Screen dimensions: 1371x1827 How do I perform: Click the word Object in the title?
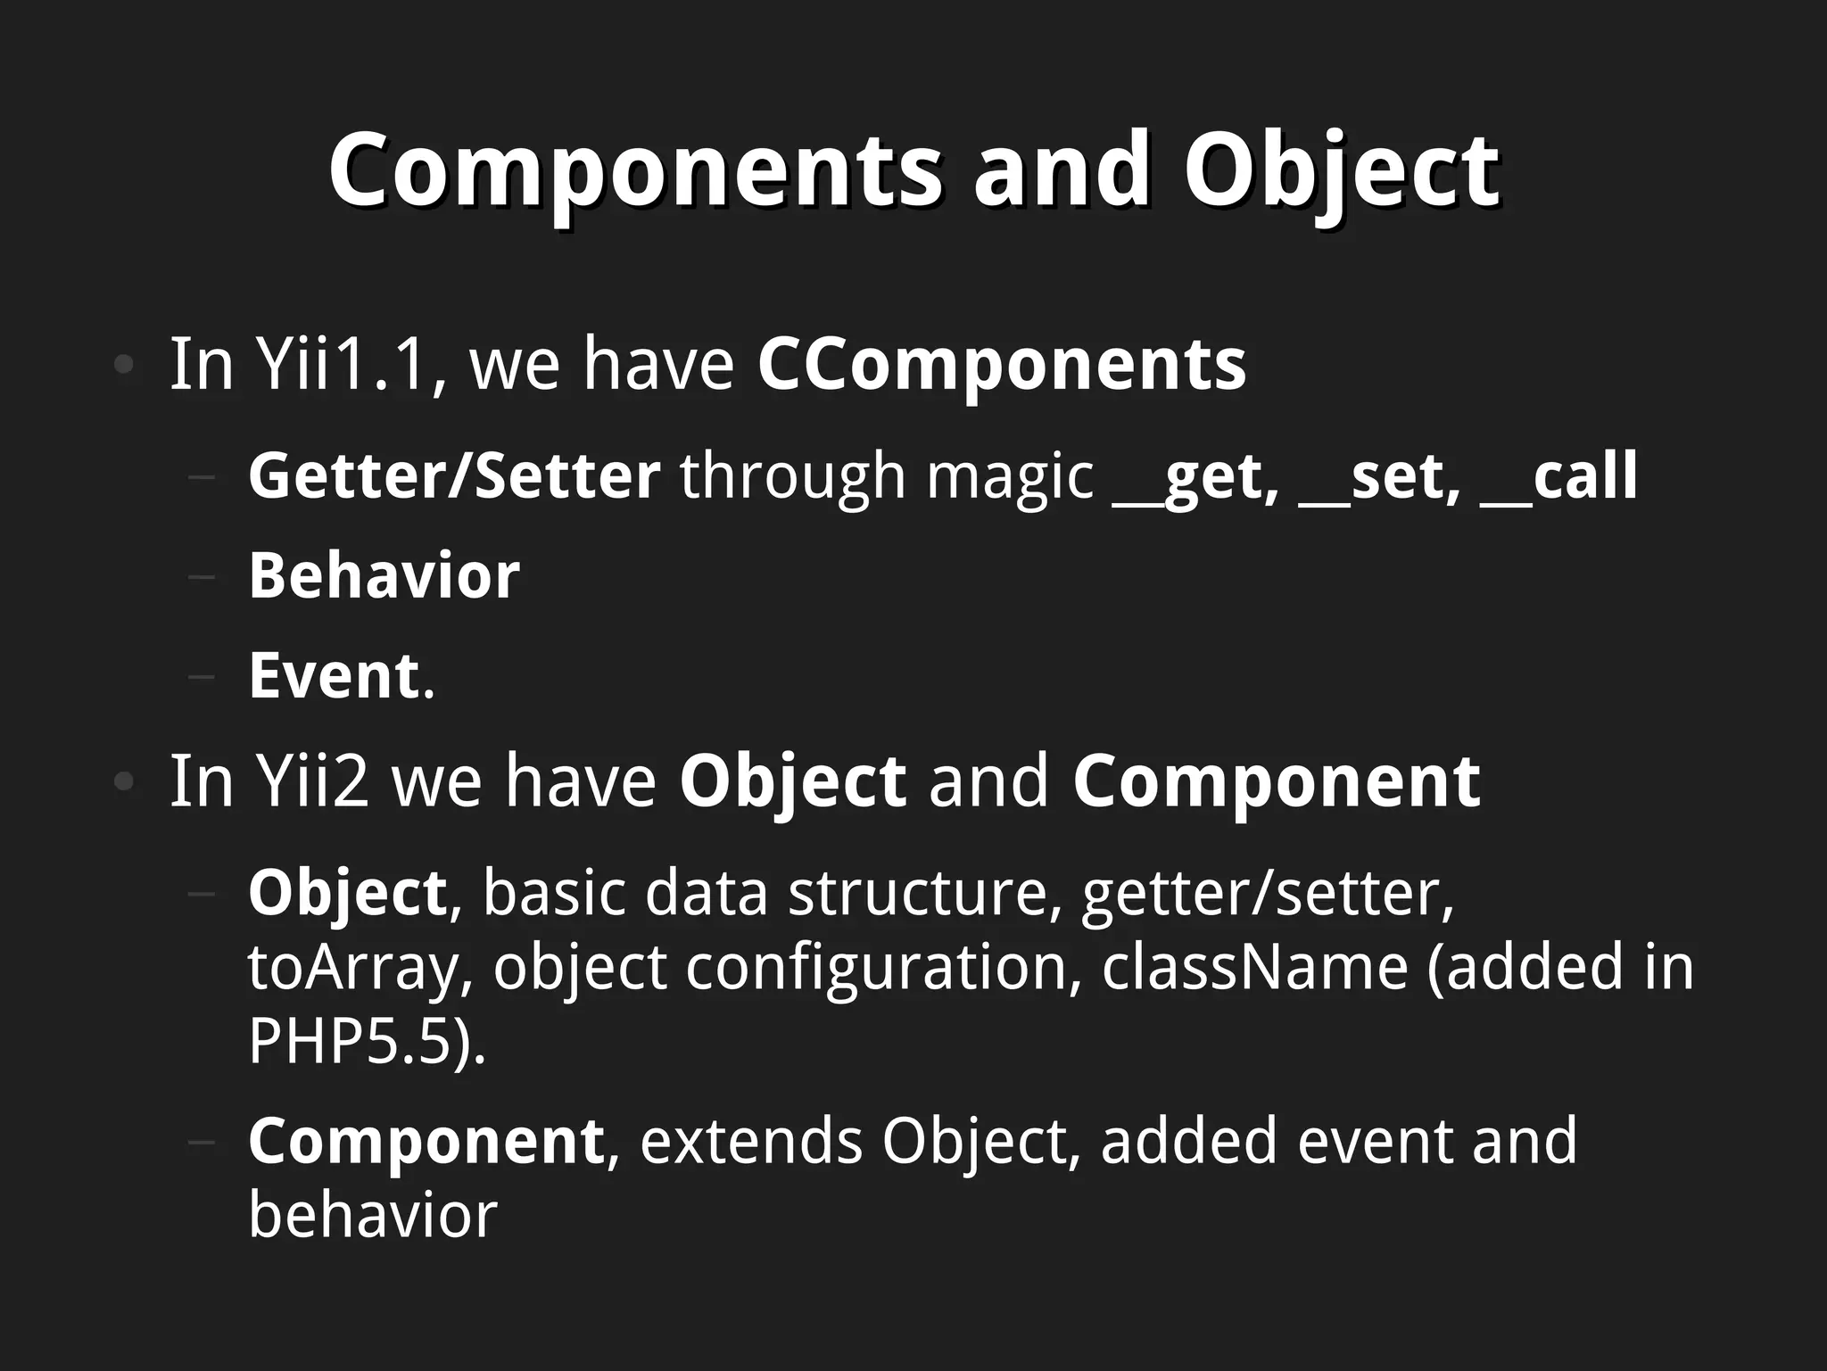1341,169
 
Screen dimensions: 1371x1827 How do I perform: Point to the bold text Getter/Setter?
454,475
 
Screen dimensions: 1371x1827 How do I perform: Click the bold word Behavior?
384,575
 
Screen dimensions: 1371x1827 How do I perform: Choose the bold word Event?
334,675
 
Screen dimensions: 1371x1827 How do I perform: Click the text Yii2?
312,781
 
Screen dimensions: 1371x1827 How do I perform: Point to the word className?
1254,968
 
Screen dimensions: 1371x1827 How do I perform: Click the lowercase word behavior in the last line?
372,1215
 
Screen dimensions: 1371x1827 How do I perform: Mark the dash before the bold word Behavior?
203,576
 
